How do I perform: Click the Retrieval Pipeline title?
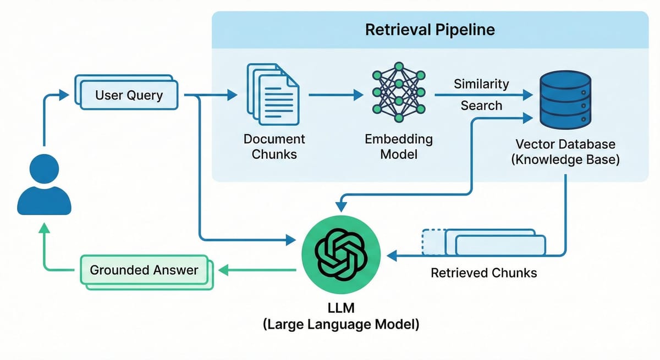(430, 29)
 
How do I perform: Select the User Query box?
(129, 95)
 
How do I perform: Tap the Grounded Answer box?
(144, 270)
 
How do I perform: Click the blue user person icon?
(44, 184)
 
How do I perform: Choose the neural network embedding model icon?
(398, 95)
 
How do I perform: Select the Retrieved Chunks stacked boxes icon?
(484, 242)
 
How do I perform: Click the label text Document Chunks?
(274, 146)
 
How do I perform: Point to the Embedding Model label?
(398, 146)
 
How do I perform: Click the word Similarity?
(481, 84)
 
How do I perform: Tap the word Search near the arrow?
(481, 106)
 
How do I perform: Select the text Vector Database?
(565, 145)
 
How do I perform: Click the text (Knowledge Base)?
(565, 160)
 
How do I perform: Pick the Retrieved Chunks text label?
(484, 273)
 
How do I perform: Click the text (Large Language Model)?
(340, 324)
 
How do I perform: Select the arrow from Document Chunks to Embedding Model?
(335, 95)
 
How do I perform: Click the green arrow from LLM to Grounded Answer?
(258, 270)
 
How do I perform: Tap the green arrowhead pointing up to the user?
(44, 229)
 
